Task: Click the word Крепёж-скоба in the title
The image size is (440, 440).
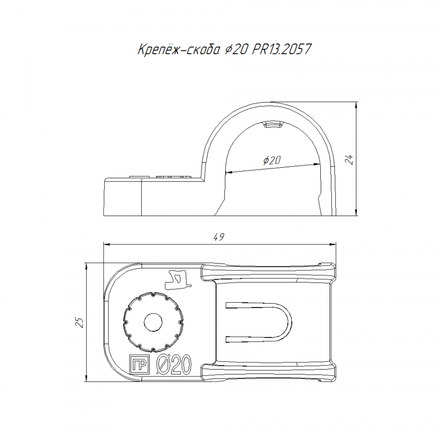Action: [178, 49]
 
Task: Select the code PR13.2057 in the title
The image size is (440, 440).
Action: [282, 49]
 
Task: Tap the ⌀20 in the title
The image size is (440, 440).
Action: [236, 50]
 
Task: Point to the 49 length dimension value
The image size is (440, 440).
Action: [219, 237]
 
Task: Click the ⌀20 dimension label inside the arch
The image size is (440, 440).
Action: [272, 160]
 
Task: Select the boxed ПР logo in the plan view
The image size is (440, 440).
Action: [139, 365]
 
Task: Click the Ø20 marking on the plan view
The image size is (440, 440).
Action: [174, 364]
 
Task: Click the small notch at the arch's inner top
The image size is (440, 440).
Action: [273, 124]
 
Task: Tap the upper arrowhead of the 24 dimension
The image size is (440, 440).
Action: [356, 105]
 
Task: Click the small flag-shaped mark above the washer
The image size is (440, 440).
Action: [177, 280]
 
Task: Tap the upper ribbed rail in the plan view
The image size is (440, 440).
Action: [268, 272]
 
